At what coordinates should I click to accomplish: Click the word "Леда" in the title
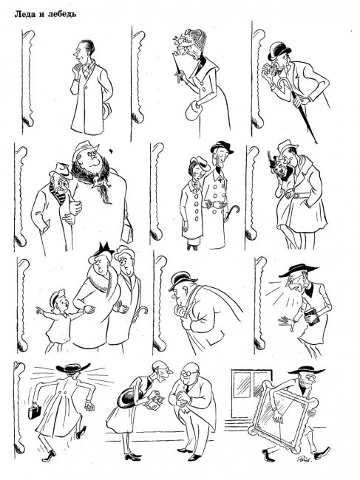[x=24, y=14]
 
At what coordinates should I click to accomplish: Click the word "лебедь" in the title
[x=61, y=14]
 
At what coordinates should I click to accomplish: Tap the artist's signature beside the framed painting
[x=304, y=458]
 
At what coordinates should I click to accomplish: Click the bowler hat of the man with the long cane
[x=279, y=51]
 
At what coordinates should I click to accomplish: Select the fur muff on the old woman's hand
[x=193, y=110]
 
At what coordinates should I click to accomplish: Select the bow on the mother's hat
[x=105, y=247]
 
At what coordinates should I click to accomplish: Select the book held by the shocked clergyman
[x=312, y=317]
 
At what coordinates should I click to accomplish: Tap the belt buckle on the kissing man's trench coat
[x=296, y=195]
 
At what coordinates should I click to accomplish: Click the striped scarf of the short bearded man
[x=61, y=193]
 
